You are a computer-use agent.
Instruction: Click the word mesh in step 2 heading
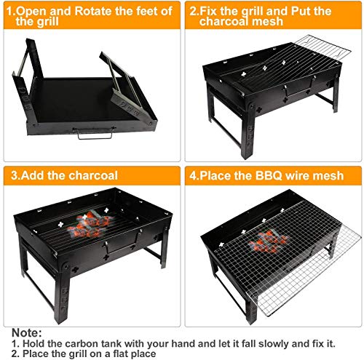(x=263, y=23)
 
